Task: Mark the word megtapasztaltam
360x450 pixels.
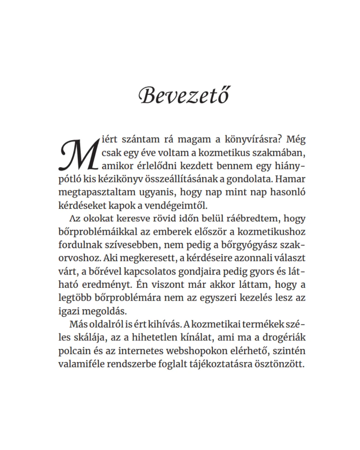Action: (97, 192)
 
